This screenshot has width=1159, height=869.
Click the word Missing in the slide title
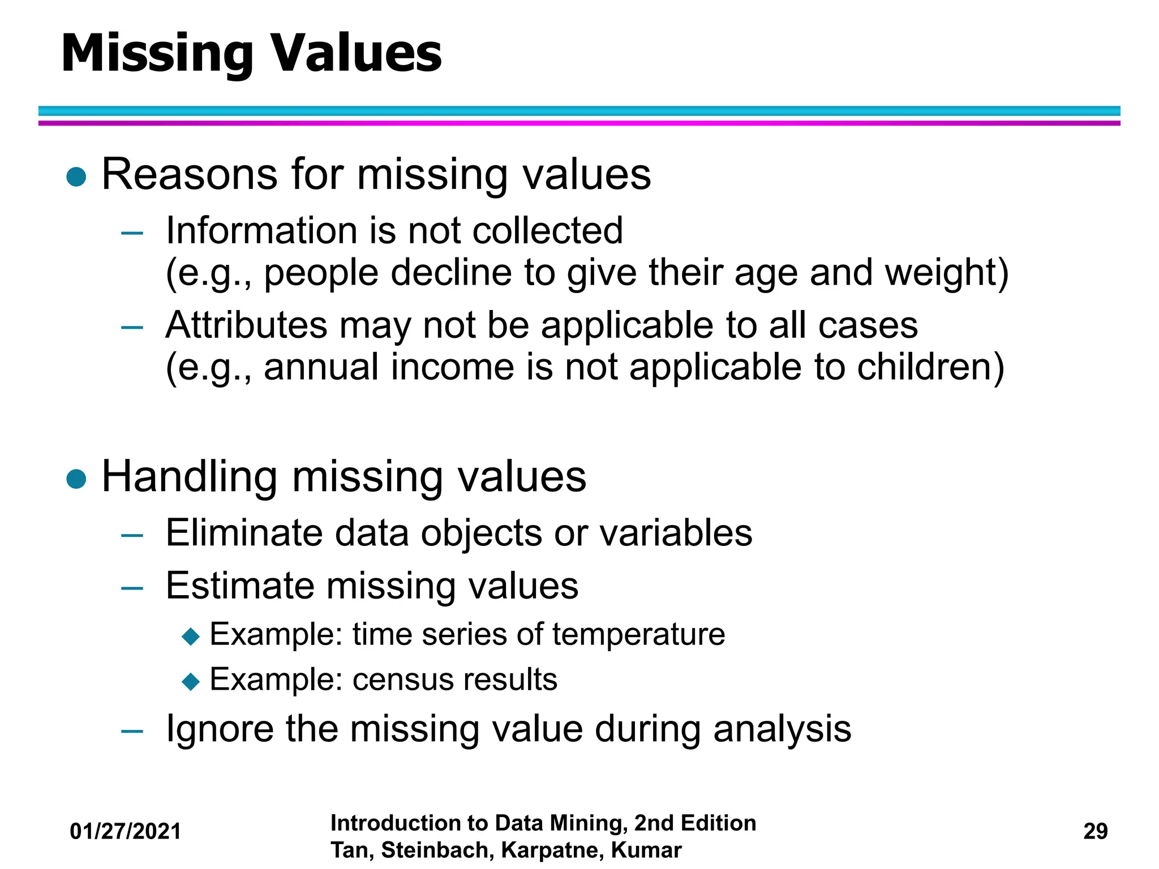click(x=157, y=54)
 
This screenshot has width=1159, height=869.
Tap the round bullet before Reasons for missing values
click(x=76, y=177)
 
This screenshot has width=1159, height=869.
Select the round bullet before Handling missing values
click(x=76, y=479)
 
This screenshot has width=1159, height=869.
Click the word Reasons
click(x=190, y=174)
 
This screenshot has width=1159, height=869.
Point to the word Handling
click(x=190, y=476)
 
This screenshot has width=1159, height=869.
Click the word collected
click(x=547, y=231)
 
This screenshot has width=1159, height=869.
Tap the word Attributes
click(x=247, y=325)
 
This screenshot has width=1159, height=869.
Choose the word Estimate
click(x=239, y=586)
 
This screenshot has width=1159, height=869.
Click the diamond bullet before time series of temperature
click(x=191, y=636)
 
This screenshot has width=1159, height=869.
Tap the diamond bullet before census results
click(x=191, y=681)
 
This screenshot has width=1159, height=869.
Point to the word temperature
click(x=638, y=634)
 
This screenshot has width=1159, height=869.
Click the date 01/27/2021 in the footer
click(x=125, y=832)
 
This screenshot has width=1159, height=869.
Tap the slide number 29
click(x=1095, y=832)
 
